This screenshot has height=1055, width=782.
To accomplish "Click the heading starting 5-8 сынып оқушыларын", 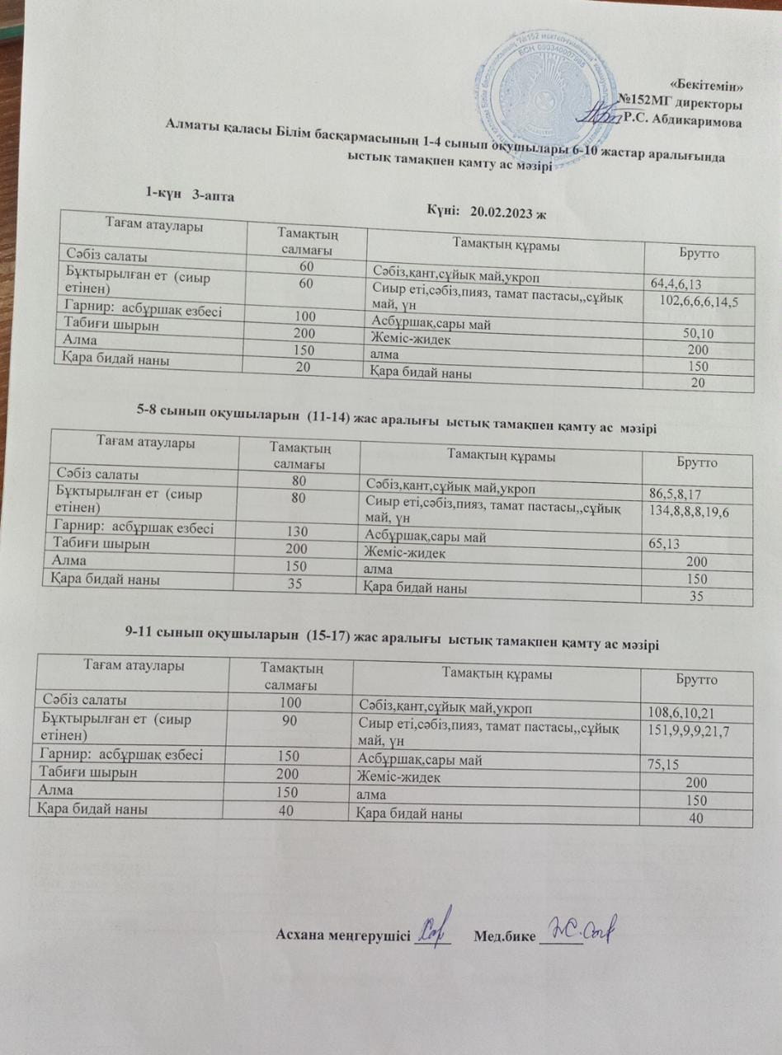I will click(397, 418).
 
